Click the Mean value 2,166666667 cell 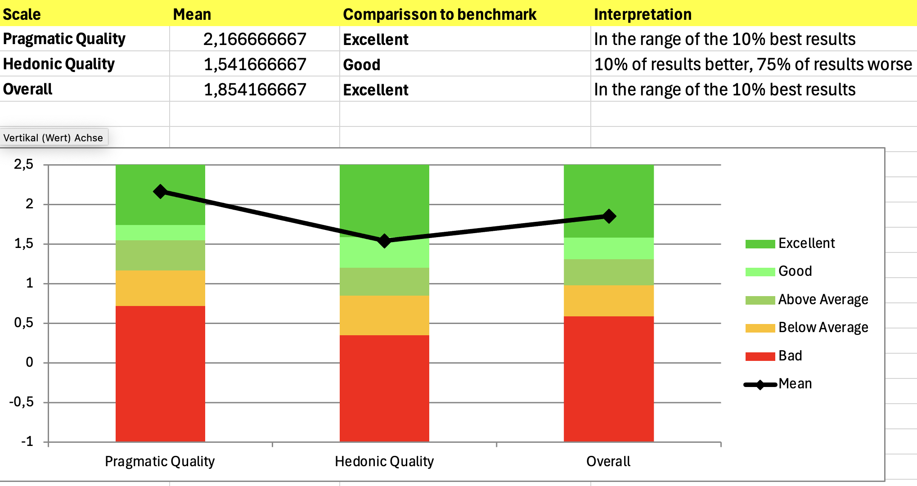pyautogui.click(x=255, y=39)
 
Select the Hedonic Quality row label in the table pyautogui.click(x=59, y=64)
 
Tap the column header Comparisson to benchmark pyautogui.click(x=440, y=14)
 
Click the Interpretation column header pyautogui.click(x=643, y=14)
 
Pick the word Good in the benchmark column pyautogui.click(x=362, y=65)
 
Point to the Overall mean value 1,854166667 pyautogui.click(x=255, y=90)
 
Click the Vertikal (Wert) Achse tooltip pyautogui.click(x=53, y=138)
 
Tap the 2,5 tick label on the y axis pyautogui.click(x=24, y=164)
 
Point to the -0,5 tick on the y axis pyautogui.click(x=22, y=402)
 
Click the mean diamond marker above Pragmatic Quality pyautogui.click(x=160, y=192)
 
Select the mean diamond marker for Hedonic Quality pyautogui.click(x=384, y=241)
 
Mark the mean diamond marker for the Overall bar pyautogui.click(x=609, y=216)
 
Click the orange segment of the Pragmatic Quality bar pyautogui.click(x=160, y=288)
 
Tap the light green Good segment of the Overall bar pyautogui.click(x=609, y=248)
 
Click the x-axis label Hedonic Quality pyautogui.click(x=384, y=461)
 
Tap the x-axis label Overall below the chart pyautogui.click(x=608, y=461)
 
